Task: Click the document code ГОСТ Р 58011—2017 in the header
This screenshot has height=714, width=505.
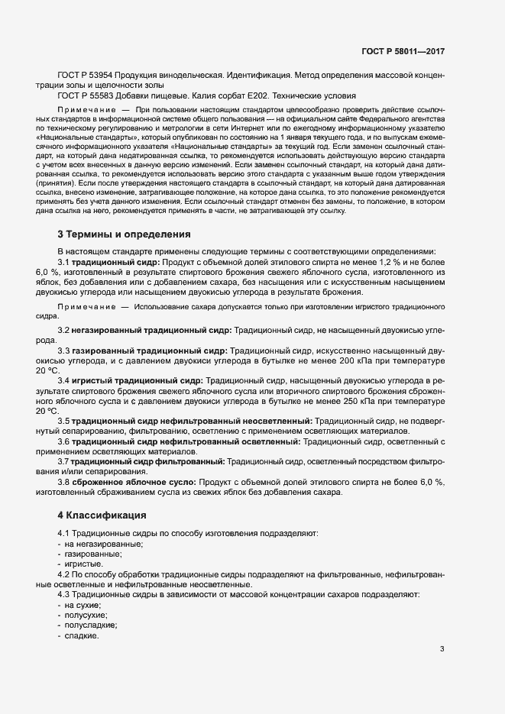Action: tap(403, 51)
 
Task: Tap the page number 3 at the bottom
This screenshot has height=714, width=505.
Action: tap(442, 649)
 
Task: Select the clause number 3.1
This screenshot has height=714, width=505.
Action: tap(63, 262)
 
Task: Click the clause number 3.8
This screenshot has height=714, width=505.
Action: tap(63, 482)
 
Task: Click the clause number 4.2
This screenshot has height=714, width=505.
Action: tap(63, 573)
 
